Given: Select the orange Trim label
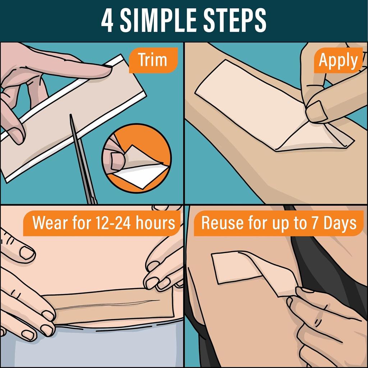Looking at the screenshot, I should (x=153, y=60).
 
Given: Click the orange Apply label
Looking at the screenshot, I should (x=339, y=60).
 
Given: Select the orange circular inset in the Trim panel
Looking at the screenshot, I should (x=137, y=158).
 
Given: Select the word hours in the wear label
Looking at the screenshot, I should (x=156, y=223).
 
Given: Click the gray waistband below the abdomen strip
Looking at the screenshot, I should (x=108, y=345).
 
